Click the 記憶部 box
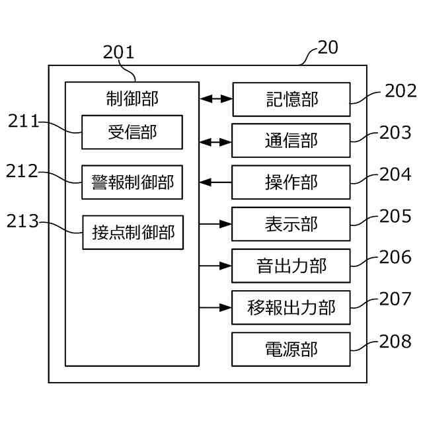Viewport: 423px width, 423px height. tap(291, 99)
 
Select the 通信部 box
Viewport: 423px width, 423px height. tap(291, 141)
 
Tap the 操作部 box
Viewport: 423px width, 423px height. tap(291, 182)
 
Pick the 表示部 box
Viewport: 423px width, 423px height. tap(291, 224)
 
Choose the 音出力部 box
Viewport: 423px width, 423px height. tap(291, 266)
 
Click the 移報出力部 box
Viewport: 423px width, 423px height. tap(291, 307)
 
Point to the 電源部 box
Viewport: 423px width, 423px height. tap(291, 349)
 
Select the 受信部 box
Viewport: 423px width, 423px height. tap(132, 132)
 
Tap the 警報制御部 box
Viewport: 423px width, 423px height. tap(132, 182)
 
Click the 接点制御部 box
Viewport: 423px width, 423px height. tap(133, 232)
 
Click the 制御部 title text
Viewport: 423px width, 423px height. tap(132, 98)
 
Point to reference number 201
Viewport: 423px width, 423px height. tap(119, 52)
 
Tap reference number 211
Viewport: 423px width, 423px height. tap(24, 121)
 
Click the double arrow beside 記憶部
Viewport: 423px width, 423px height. tap(215, 99)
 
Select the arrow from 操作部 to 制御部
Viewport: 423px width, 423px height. tap(215, 182)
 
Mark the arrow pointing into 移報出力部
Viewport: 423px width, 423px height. tap(215, 307)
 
